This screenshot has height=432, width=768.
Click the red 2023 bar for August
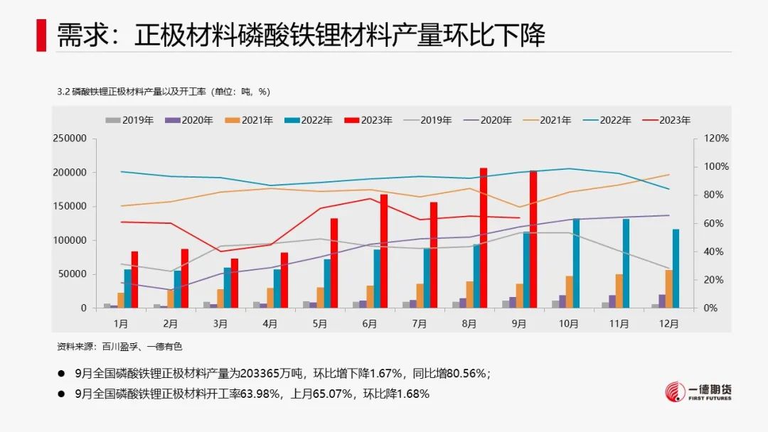click(x=484, y=238)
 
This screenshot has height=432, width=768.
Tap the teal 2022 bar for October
click(x=576, y=263)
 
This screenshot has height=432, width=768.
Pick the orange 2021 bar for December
click(x=668, y=289)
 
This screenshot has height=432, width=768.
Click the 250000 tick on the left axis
click(x=70, y=139)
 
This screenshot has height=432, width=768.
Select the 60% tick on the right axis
click(x=715, y=223)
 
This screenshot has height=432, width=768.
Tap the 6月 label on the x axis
click(x=370, y=323)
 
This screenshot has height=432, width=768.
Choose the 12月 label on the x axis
click(x=668, y=323)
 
